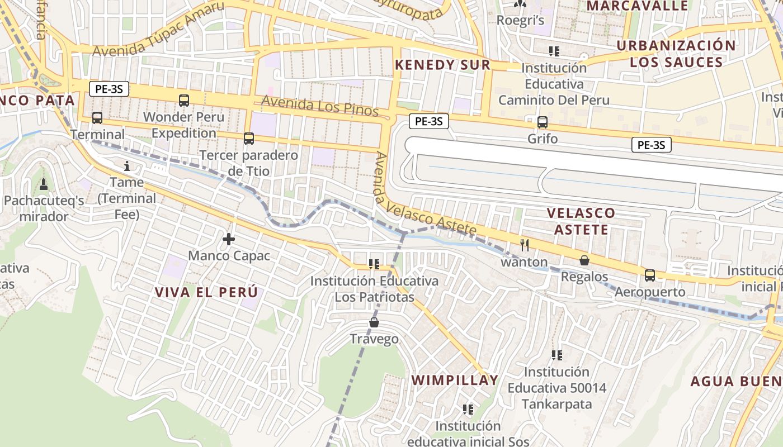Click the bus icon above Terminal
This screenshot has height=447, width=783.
tap(97, 118)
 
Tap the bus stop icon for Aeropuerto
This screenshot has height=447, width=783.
tap(650, 275)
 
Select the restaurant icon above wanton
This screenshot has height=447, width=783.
tap(525, 245)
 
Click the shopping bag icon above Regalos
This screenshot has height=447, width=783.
tap(584, 260)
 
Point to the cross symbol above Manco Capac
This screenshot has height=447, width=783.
tap(229, 240)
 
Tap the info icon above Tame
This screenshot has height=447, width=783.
tap(127, 166)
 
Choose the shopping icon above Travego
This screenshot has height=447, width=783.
tap(374, 322)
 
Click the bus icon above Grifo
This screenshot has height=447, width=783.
tap(542, 122)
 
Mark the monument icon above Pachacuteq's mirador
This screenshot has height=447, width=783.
tap(44, 184)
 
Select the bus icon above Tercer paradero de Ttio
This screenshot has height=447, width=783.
tap(249, 138)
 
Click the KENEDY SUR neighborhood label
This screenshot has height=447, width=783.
tap(442, 65)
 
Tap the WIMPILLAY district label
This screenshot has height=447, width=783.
tap(455, 381)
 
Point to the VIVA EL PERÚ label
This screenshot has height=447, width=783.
tap(206, 292)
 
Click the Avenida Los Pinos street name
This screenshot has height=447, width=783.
tap(319, 106)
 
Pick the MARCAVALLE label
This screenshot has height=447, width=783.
tap(637, 6)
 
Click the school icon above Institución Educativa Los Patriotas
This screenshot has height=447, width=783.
tap(374, 264)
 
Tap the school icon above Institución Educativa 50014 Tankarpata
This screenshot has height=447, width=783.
tap(556, 355)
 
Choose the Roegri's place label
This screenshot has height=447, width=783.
tap(521, 21)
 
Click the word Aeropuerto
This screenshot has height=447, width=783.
tap(650, 292)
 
